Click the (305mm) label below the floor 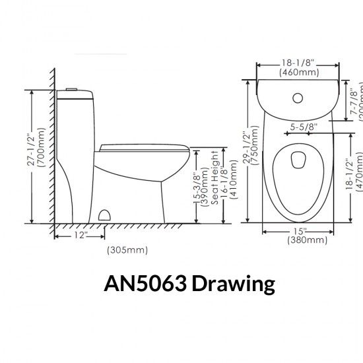127,250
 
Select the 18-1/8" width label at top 296,61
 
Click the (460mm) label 296,71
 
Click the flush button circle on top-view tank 297,98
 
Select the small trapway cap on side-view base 104,214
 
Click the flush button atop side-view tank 73,89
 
